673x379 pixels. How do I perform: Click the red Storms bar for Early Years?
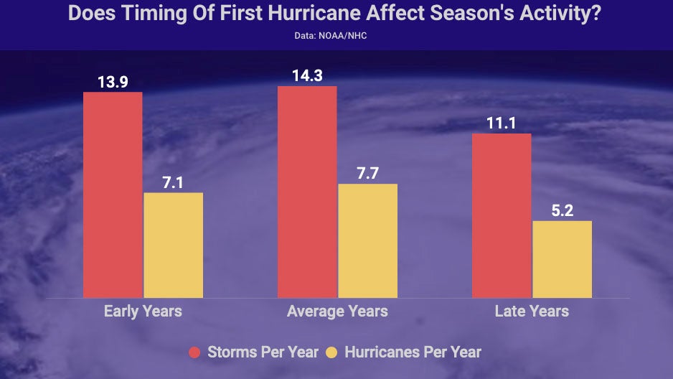[113, 195]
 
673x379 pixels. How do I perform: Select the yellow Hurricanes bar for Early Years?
[173, 245]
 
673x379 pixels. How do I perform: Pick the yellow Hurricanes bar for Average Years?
[367, 240]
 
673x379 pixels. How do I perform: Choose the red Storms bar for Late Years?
[502, 215]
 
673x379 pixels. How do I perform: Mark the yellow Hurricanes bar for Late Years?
[562, 259]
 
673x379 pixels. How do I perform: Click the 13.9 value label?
[113, 82]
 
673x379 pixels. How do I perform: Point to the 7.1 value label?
[173, 182]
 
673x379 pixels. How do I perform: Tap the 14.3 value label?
[307, 75]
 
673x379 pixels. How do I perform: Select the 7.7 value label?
[367, 174]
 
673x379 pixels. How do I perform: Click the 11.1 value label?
[502, 123]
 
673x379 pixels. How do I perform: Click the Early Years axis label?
[143, 312]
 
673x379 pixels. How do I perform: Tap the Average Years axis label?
[337, 312]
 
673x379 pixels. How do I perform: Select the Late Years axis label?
[532, 312]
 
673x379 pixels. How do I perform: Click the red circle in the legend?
[194, 352]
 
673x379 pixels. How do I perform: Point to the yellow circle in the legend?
[332, 352]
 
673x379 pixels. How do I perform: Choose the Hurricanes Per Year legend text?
[413, 352]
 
